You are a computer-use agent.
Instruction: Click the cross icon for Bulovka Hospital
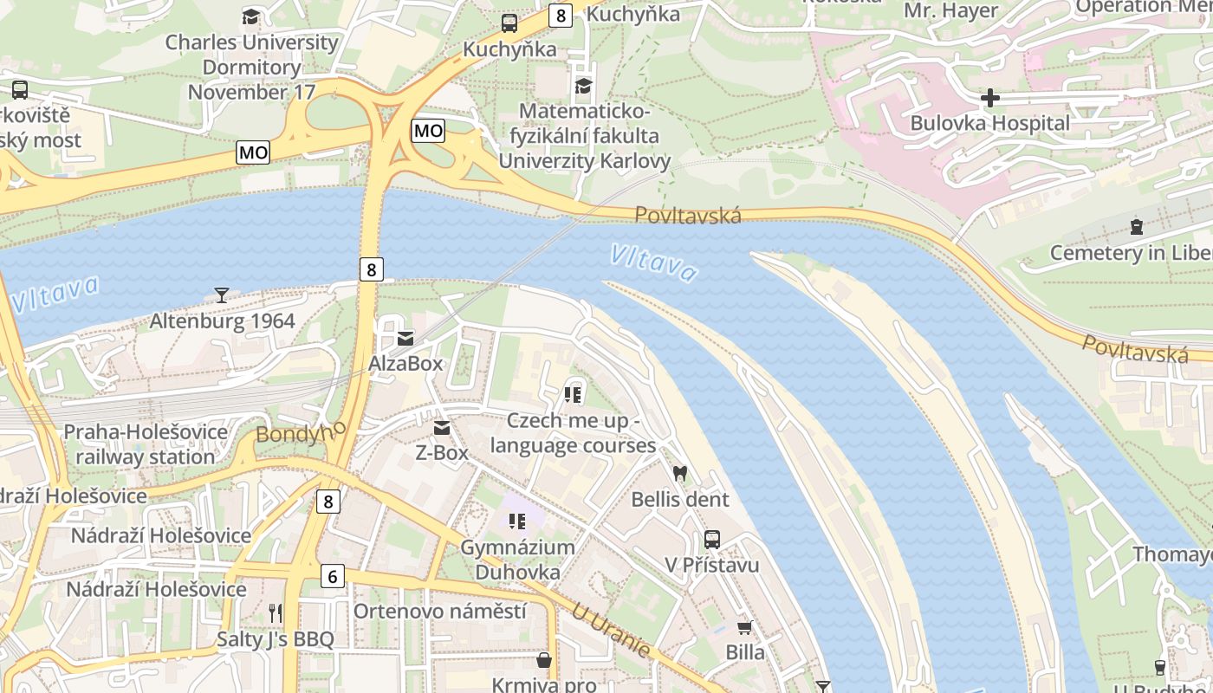(989, 98)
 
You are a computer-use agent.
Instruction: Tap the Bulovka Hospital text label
(989, 123)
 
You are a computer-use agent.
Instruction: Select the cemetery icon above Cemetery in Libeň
(1136, 227)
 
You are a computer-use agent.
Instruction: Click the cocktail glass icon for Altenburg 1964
(222, 295)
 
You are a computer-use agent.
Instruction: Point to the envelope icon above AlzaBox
(405, 338)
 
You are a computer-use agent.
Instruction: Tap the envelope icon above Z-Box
(442, 428)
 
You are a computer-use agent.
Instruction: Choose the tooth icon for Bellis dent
(680, 474)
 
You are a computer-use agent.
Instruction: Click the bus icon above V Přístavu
(711, 540)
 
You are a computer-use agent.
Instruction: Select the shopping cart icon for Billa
(744, 627)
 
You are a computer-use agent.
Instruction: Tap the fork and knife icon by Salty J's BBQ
(276, 613)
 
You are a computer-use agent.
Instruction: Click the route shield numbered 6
(332, 575)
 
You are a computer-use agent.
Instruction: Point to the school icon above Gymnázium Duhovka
(517, 521)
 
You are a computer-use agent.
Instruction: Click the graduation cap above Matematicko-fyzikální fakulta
(583, 86)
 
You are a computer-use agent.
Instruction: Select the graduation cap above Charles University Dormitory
(250, 16)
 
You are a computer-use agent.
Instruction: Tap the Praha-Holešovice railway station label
(146, 444)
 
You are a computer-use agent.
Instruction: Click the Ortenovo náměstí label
(439, 612)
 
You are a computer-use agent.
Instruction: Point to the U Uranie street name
(611, 630)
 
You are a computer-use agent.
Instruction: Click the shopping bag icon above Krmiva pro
(544, 660)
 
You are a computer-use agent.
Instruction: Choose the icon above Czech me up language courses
(572, 395)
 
